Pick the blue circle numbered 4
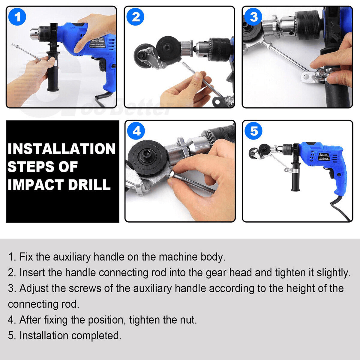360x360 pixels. [136, 131]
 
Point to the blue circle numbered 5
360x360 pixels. [254, 131]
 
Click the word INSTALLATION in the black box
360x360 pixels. [62, 149]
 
